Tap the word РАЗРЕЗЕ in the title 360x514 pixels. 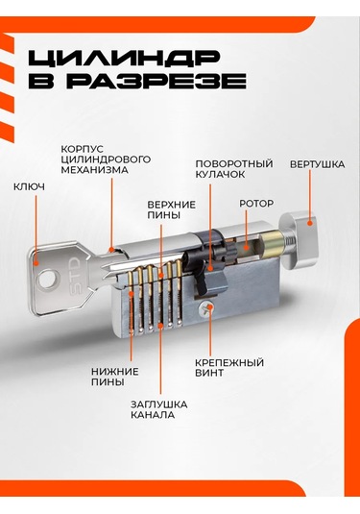(x=156, y=81)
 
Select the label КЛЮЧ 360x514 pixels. (x=29, y=186)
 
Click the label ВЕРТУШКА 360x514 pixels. (x=317, y=164)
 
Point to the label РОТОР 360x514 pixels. (x=256, y=204)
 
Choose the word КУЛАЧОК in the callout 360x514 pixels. (x=220, y=174)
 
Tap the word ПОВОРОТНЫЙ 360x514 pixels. (x=234, y=163)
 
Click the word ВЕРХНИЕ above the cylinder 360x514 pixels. (x=171, y=205)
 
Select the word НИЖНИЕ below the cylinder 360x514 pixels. (x=115, y=372)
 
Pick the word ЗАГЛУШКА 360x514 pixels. (x=158, y=404)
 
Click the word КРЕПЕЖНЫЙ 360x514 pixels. (x=229, y=362)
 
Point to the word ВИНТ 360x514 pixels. (x=209, y=373)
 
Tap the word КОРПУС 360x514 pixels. (x=82, y=149)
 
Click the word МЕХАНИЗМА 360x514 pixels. (x=94, y=170)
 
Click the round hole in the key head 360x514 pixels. (x=46, y=280)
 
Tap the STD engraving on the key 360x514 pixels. (x=74, y=275)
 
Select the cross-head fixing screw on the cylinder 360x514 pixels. (x=206, y=308)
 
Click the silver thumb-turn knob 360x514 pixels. (x=299, y=238)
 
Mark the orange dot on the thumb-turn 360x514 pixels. (x=309, y=223)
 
